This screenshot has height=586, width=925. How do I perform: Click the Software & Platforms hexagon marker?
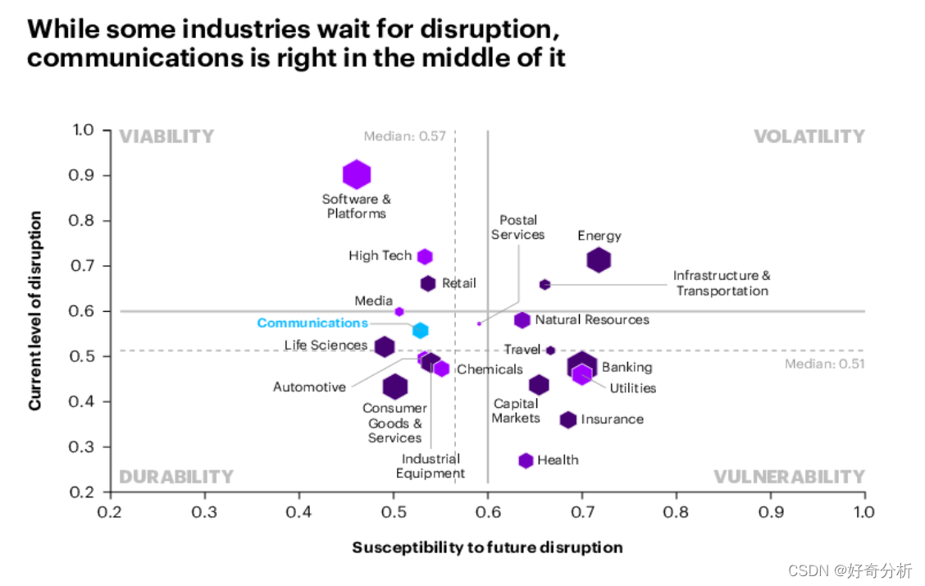click(x=356, y=174)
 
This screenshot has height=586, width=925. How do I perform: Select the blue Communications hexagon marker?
click(x=420, y=331)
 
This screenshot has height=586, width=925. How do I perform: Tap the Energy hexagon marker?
click(x=599, y=260)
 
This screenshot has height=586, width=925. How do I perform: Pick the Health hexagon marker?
click(x=526, y=460)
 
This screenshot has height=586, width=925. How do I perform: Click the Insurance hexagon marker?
click(x=568, y=419)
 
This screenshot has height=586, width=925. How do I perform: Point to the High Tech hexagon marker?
click(x=425, y=256)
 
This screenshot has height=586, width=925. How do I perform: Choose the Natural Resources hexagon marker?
click(x=522, y=320)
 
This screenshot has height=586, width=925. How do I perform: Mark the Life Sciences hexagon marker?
click(x=384, y=346)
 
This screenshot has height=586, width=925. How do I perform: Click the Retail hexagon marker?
click(x=427, y=283)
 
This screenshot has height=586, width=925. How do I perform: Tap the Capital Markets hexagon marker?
click(x=539, y=385)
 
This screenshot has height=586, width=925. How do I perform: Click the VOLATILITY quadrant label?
click(x=809, y=136)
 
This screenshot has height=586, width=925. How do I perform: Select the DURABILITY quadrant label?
click(x=176, y=477)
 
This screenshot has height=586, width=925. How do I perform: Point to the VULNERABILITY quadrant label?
click(x=789, y=477)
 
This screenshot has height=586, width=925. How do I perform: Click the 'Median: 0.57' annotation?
click(x=405, y=136)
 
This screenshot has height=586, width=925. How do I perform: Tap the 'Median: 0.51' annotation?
click(x=824, y=364)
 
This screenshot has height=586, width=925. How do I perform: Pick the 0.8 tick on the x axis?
click(x=676, y=511)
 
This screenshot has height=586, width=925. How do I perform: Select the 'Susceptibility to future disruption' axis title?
click(x=487, y=547)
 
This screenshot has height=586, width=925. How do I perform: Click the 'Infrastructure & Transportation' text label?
click(x=722, y=283)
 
